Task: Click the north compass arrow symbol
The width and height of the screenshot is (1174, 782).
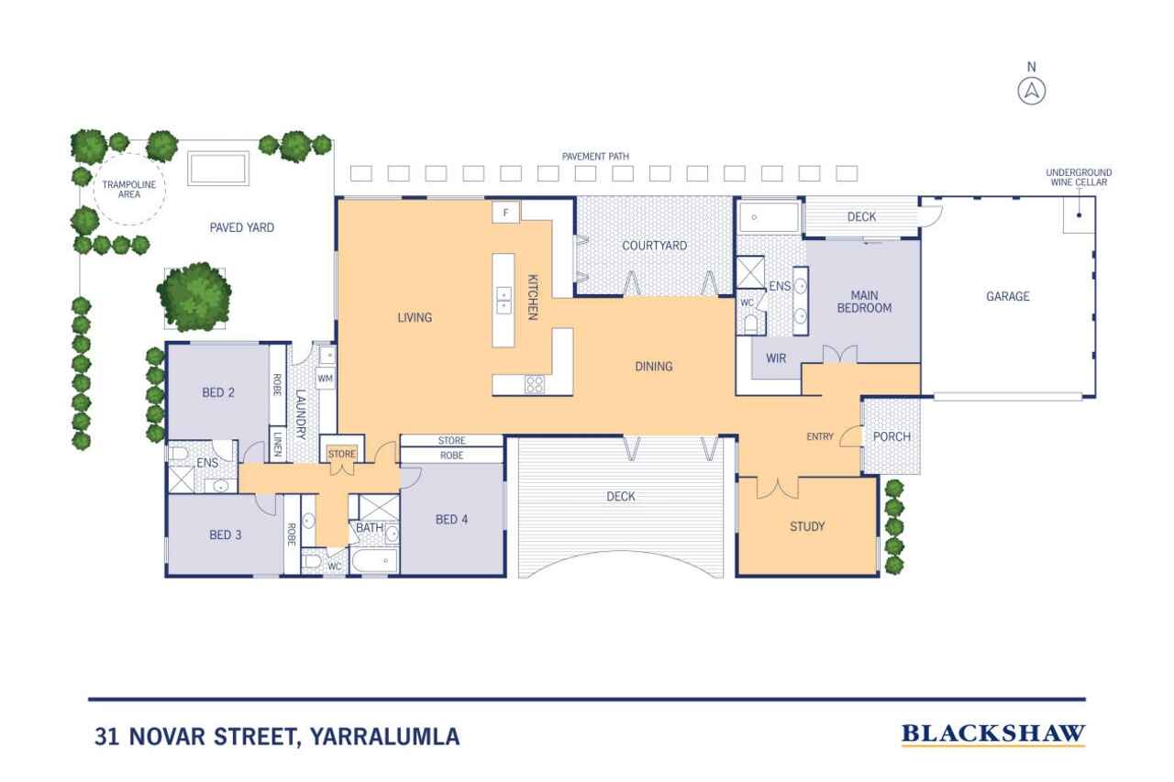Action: tap(1032, 92)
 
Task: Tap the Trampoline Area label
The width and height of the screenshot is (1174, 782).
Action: tap(129, 190)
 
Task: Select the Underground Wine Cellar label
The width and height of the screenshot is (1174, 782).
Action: tap(1079, 177)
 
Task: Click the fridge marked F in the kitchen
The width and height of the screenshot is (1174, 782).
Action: tap(505, 213)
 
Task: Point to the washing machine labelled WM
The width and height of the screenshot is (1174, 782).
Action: tap(325, 379)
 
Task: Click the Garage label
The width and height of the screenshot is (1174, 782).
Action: tap(1008, 296)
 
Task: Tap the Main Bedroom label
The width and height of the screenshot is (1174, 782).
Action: tap(864, 302)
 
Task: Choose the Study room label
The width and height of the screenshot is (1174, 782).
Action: tap(807, 526)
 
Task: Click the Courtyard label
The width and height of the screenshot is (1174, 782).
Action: tap(654, 246)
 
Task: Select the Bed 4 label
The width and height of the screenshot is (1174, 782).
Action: tap(451, 520)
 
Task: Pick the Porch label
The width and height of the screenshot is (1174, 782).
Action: tap(892, 436)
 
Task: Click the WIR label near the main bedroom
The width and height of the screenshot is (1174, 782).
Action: tap(776, 358)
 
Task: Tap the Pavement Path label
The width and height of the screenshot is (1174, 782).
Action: tap(595, 156)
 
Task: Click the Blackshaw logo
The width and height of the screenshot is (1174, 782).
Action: tap(993, 734)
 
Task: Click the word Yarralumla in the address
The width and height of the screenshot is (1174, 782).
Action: tap(384, 736)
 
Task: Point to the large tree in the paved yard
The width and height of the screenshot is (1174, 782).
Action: tap(194, 297)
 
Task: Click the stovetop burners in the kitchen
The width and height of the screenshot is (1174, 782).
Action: tap(535, 385)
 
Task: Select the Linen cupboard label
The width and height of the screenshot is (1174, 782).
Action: tap(278, 444)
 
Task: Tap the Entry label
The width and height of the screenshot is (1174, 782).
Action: tap(820, 436)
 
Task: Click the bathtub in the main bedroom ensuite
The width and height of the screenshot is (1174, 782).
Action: tap(769, 217)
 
